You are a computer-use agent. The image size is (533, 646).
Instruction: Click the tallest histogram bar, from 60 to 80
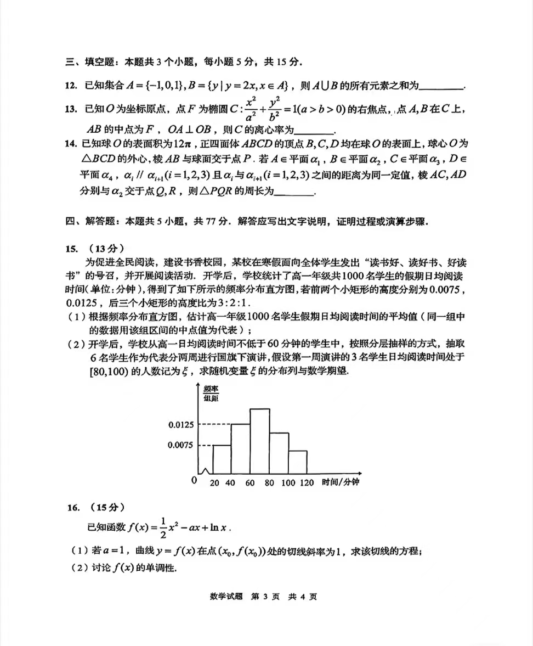click(259, 441)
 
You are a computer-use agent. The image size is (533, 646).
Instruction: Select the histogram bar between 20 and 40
click(221, 459)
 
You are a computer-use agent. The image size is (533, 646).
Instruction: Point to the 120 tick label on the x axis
click(307, 482)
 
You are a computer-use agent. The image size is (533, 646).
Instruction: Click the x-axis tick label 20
click(214, 482)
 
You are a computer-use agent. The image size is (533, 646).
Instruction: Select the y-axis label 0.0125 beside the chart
click(180, 425)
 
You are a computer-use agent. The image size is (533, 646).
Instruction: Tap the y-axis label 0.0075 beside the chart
click(180, 445)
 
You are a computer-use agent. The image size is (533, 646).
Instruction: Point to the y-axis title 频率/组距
click(211, 394)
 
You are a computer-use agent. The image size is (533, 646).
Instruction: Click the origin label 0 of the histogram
click(194, 481)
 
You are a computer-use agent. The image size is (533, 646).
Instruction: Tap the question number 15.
click(72, 248)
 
